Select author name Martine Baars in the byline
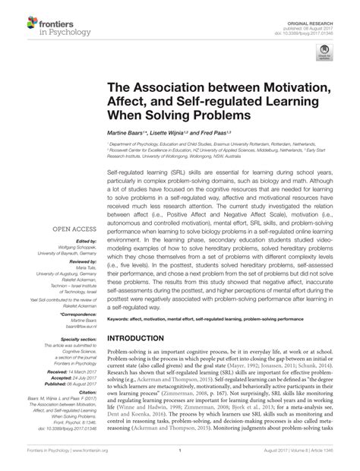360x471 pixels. pos(146,133)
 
